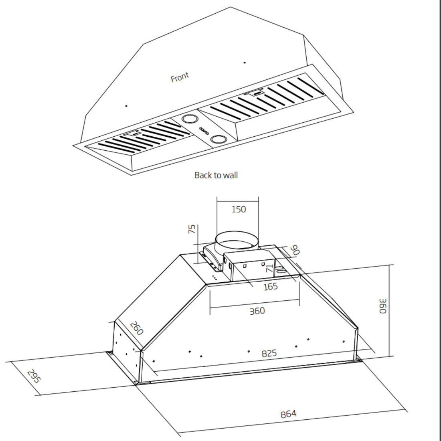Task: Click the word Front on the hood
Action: click(x=180, y=77)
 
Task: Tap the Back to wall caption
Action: click(x=216, y=175)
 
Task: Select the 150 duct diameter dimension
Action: click(x=239, y=209)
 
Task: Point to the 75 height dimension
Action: click(x=192, y=229)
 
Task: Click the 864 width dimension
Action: click(x=288, y=414)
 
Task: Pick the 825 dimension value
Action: click(x=269, y=353)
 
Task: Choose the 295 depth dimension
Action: click(x=34, y=376)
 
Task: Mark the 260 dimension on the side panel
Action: click(x=136, y=328)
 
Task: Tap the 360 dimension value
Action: click(x=257, y=311)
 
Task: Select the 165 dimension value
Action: click(x=270, y=287)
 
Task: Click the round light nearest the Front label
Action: click(x=189, y=119)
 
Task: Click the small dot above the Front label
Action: click(x=245, y=63)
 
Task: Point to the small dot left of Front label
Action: click(x=126, y=106)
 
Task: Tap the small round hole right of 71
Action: click(x=282, y=271)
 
